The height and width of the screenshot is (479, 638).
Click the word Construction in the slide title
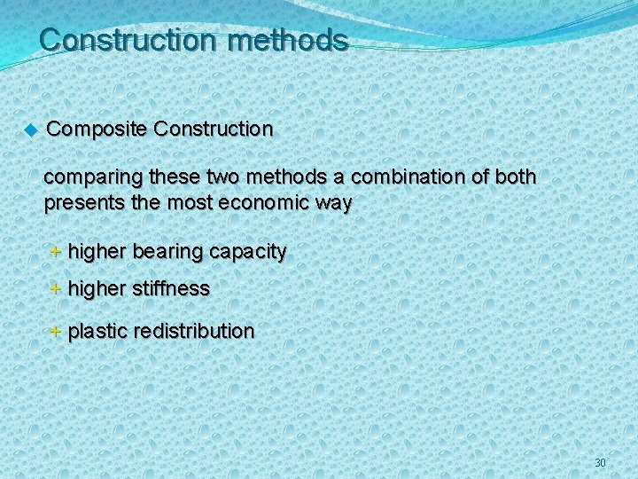pyautogui.click(x=128, y=41)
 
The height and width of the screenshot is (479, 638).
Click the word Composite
pyautogui.click(x=97, y=130)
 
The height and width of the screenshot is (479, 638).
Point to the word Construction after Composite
pyautogui.click(x=213, y=130)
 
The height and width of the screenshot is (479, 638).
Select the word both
pyautogui.click(x=515, y=177)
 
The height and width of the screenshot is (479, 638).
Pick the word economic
pyautogui.click(x=264, y=203)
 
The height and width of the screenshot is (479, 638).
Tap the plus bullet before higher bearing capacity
pyautogui.click(x=55, y=252)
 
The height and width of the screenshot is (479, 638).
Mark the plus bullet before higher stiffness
pyautogui.click(x=55, y=288)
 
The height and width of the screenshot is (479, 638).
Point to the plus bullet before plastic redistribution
pyautogui.click(x=55, y=332)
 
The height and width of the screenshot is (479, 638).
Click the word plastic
pyautogui.click(x=97, y=332)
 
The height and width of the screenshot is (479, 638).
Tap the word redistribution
pyautogui.click(x=194, y=332)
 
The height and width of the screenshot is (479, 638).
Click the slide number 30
pyautogui.click(x=600, y=463)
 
